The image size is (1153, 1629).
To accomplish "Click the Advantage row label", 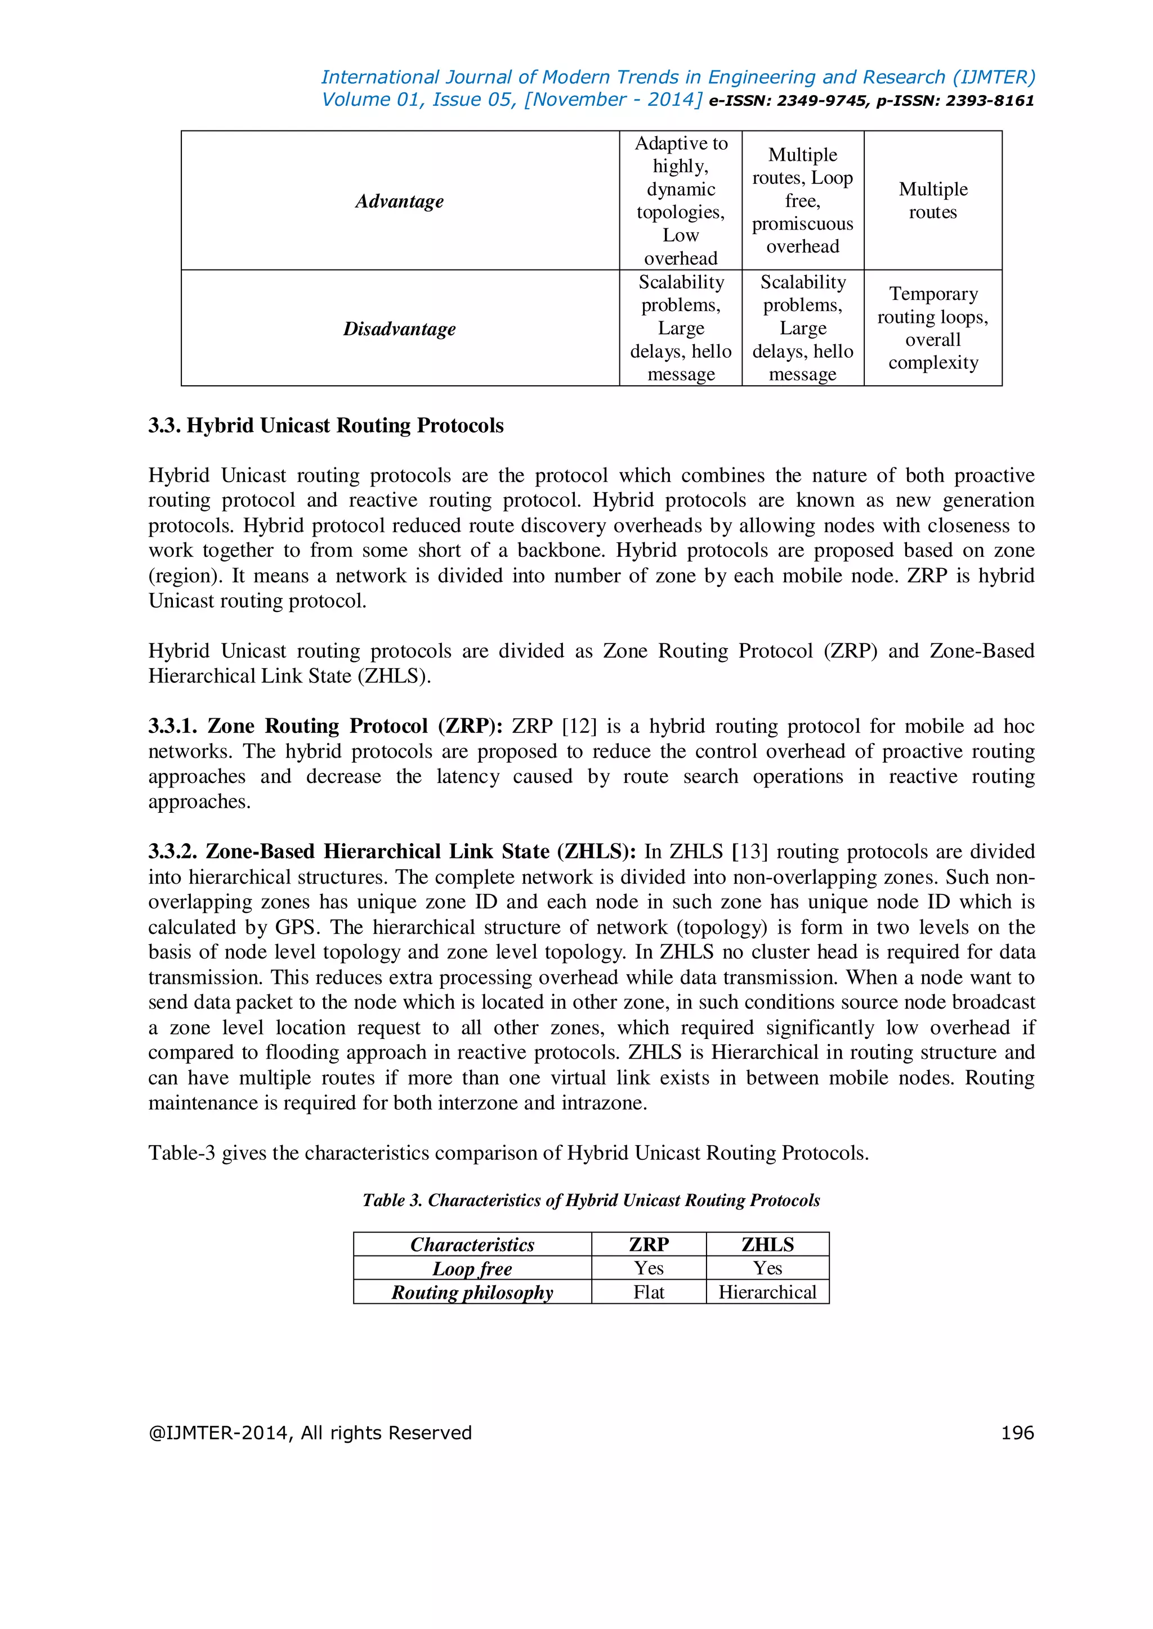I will (399, 201).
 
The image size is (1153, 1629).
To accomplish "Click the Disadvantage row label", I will (399, 328).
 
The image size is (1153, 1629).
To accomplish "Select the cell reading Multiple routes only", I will (932, 201).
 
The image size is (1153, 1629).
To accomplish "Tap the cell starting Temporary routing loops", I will (932, 328).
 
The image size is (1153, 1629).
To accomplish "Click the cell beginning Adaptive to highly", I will (680, 201).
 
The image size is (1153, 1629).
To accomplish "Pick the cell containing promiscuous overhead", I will (802, 201).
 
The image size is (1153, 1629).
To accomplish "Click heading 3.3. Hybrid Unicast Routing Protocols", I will (326, 426).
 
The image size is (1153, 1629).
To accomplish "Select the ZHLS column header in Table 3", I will (767, 1244).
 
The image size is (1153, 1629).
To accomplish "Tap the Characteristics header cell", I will (472, 1244).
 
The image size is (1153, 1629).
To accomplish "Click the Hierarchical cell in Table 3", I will (767, 1292).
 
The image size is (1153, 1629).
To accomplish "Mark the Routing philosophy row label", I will (472, 1292).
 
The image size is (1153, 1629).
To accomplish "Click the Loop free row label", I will (472, 1268).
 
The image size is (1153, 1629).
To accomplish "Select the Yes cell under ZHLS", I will (767, 1268).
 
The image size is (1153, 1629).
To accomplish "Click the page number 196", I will (1017, 1433).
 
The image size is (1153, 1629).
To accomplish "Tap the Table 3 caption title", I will (591, 1200).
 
